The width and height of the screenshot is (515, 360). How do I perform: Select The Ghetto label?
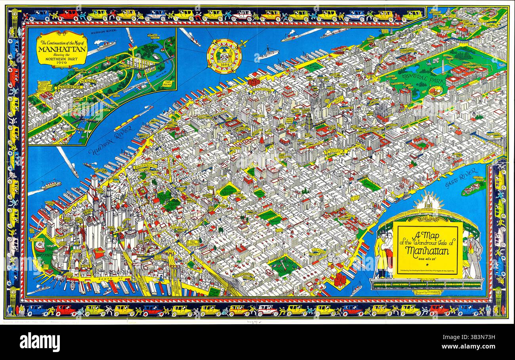click(x=193, y=243)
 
